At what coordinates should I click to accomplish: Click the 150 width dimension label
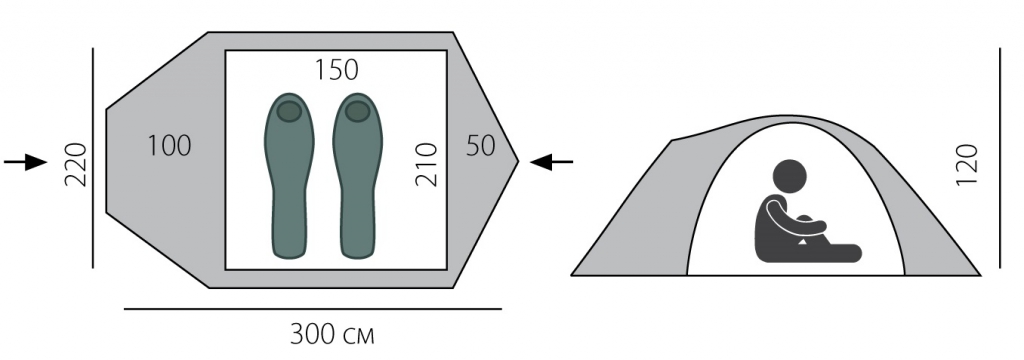click(337, 70)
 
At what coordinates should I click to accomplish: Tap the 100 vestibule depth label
click(169, 146)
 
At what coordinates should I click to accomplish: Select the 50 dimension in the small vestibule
click(481, 146)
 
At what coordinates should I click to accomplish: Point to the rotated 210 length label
click(426, 164)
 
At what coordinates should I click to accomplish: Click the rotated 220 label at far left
click(76, 164)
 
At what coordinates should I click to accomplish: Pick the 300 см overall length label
click(332, 335)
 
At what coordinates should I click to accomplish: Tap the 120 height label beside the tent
click(967, 164)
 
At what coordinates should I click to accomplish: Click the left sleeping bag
click(289, 176)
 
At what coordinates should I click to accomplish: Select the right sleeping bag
click(357, 176)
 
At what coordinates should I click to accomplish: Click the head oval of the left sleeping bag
click(289, 112)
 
